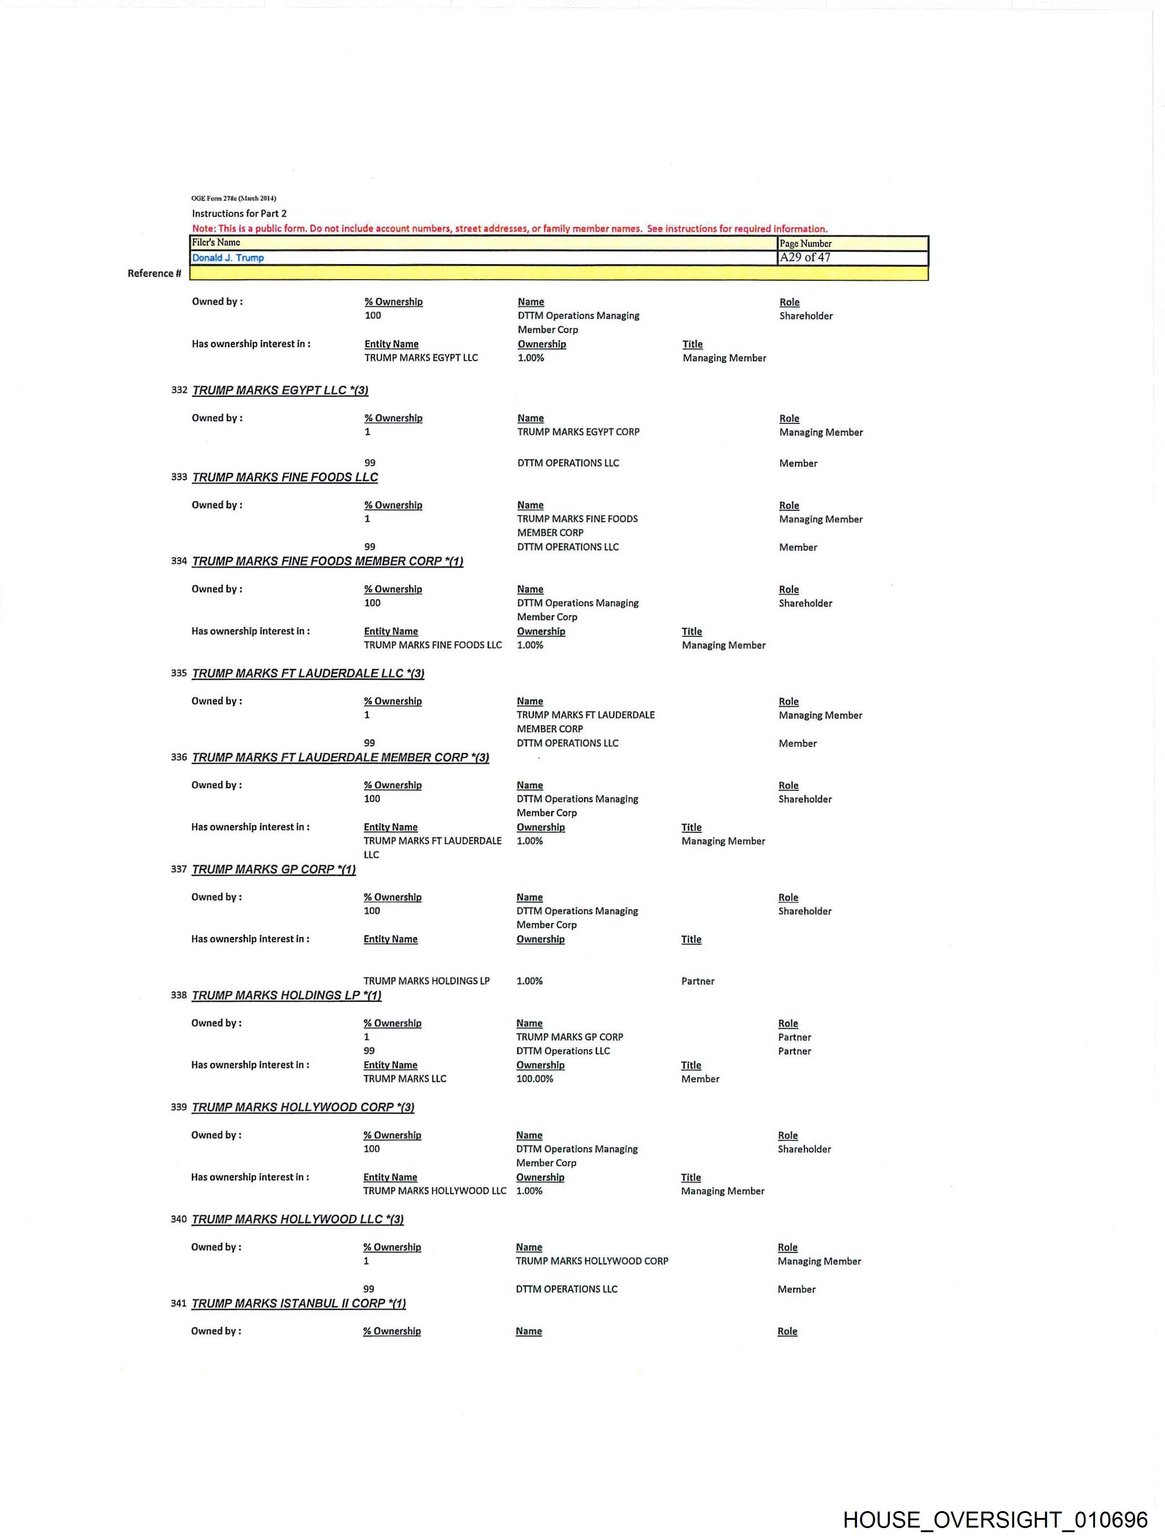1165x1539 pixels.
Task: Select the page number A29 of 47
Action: pyautogui.click(x=805, y=258)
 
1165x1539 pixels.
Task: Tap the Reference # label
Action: pyautogui.click(x=154, y=274)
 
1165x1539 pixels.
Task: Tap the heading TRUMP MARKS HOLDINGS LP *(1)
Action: pyautogui.click(x=286, y=995)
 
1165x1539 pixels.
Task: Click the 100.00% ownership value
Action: pyautogui.click(x=535, y=1079)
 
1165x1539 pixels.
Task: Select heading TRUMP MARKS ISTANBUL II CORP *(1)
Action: pyautogui.click(x=298, y=1303)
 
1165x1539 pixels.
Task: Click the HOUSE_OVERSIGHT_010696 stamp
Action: pyautogui.click(x=995, y=1519)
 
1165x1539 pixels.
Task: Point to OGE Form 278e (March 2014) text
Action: pyautogui.click(x=234, y=198)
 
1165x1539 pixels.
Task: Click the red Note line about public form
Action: pyautogui.click(x=509, y=229)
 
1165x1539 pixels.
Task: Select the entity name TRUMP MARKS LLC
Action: pyautogui.click(x=404, y=1079)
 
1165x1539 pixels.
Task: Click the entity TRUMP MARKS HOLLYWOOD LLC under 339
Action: pyautogui.click(x=434, y=1191)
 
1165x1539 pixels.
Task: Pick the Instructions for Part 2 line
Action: pyautogui.click(x=238, y=214)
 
